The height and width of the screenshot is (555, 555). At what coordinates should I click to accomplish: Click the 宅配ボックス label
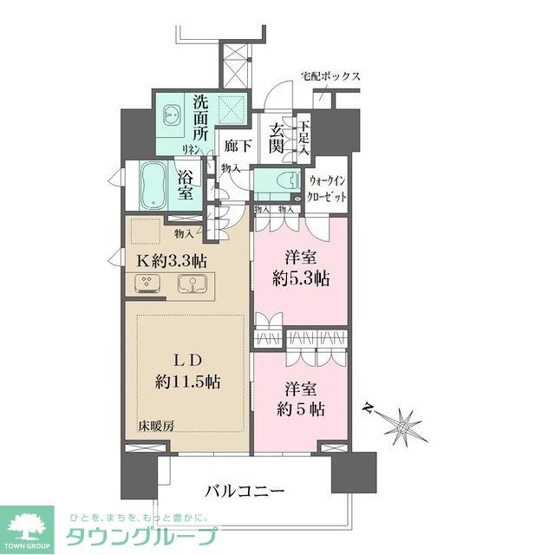(330, 75)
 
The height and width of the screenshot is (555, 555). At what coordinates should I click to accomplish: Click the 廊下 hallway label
(237, 147)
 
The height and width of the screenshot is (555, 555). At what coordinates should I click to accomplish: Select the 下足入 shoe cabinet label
(304, 137)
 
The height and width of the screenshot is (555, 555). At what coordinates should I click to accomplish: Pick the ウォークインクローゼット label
(329, 188)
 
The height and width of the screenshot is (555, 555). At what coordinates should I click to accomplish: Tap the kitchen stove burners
(145, 282)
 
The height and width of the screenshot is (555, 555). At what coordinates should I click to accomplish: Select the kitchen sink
(192, 283)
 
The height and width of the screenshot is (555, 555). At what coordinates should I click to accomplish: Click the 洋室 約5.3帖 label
(300, 270)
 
